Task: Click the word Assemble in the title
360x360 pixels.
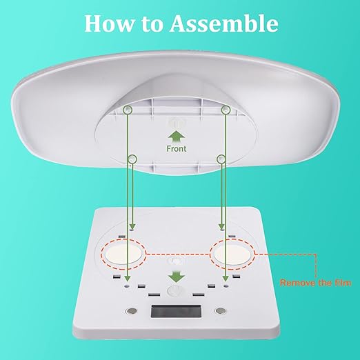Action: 224,23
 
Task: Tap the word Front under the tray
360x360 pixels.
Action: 177,149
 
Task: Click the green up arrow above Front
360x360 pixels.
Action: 177,137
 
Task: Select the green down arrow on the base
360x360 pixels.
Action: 177,277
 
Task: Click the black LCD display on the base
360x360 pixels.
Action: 176,311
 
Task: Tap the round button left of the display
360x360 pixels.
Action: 132,311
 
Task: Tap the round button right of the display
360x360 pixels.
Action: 221,311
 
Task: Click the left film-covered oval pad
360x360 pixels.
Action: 123,254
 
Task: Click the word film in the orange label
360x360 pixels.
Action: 343,283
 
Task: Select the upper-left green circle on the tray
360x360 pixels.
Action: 128,110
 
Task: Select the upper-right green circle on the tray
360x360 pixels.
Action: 226,110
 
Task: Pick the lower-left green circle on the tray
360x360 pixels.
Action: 132,159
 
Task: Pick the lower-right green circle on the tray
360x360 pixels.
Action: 221,159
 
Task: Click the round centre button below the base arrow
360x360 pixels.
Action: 174,291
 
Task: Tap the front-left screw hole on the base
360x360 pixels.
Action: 127,286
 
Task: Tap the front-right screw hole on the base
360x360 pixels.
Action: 226,286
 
